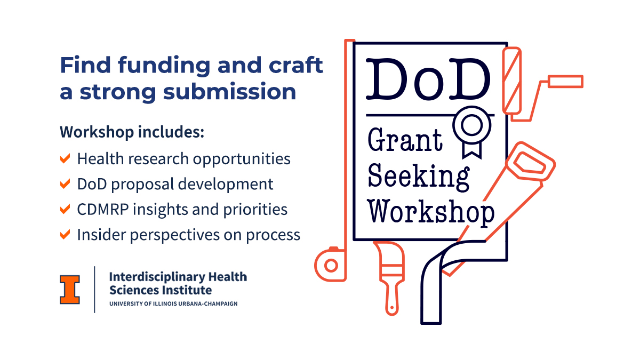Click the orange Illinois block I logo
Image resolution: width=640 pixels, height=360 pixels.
pyautogui.click(x=70, y=289)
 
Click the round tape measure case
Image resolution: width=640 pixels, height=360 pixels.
pyautogui.click(x=330, y=265)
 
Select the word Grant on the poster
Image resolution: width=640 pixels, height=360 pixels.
pyautogui.click(x=405, y=140)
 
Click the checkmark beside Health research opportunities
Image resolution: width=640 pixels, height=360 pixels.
pyautogui.click(x=65, y=158)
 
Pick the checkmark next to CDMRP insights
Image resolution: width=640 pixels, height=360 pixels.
pyautogui.click(x=65, y=209)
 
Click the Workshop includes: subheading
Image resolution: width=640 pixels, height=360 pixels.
pyautogui.click(x=132, y=132)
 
